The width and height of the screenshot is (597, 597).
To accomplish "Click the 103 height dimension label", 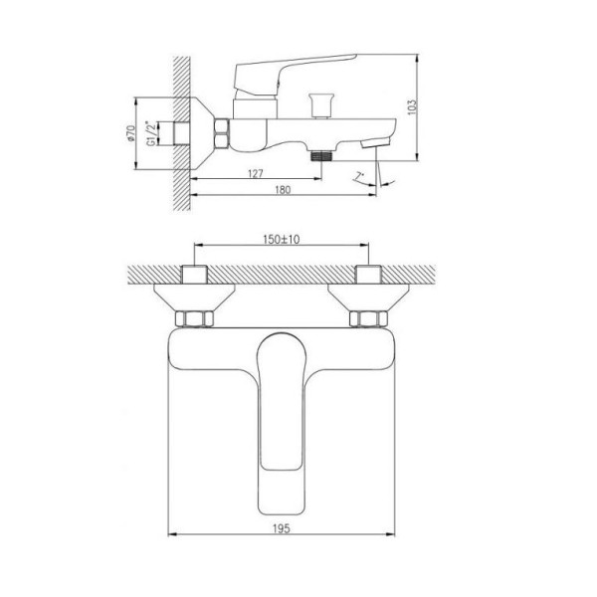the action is pyautogui.click(x=412, y=107).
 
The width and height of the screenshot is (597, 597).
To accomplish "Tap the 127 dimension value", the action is pyautogui.click(x=256, y=173).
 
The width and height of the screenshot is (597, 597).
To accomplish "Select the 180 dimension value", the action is pyautogui.click(x=283, y=190).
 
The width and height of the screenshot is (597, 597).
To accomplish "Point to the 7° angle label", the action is pyautogui.click(x=359, y=176).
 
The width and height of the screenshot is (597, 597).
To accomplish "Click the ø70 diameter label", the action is pyautogui.click(x=130, y=133).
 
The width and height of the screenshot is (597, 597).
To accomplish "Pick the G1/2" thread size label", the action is pyautogui.click(x=151, y=133).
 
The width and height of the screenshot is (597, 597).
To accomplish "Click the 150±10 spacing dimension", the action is pyautogui.click(x=282, y=239).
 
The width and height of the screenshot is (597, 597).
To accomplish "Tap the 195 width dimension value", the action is pyautogui.click(x=282, y=528).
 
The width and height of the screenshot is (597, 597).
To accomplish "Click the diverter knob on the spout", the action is pyautogui.click(x=321, y=105).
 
